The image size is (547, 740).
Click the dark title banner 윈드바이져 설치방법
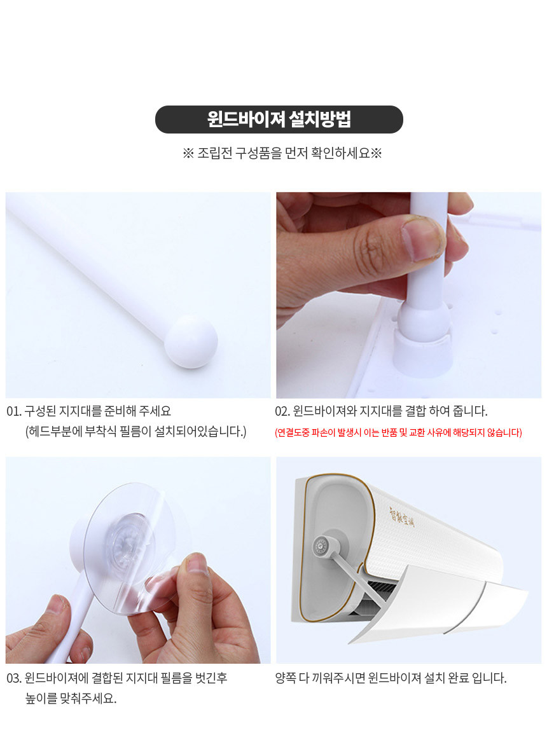[279, 119]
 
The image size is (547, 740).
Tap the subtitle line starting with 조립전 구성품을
[282, 153]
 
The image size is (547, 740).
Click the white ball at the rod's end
[191, 341]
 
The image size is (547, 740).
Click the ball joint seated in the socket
[424, 320]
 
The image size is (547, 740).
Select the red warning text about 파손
[398, 432]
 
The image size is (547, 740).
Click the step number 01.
[14, 411]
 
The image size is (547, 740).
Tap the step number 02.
[282, 411]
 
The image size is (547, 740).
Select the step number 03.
[14, 678]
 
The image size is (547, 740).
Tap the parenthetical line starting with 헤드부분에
[136, 432]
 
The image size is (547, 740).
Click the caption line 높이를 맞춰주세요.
[71, 699]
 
